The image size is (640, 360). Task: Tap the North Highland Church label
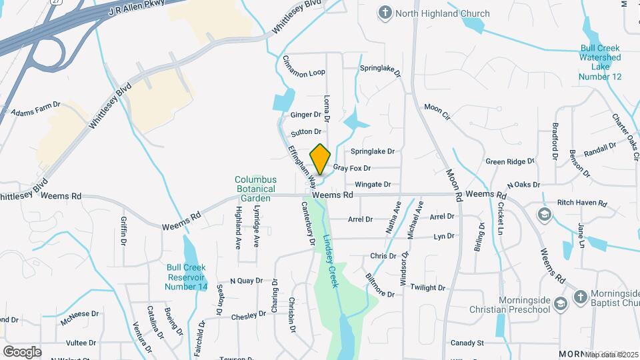(442, 13)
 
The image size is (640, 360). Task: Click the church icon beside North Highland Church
(385, 13)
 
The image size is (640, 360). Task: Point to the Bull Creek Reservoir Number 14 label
(187, 277)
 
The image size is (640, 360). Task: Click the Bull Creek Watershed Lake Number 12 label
(600, 63)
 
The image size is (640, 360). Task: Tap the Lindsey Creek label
(331, 261)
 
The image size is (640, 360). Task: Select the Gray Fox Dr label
(351, 169)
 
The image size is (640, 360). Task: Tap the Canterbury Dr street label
(308, 223)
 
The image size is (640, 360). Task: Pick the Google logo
(22, 351)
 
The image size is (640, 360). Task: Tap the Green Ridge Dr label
(510, 161)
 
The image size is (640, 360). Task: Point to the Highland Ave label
(238, 227)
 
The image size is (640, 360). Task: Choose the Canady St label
(467, 343)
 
